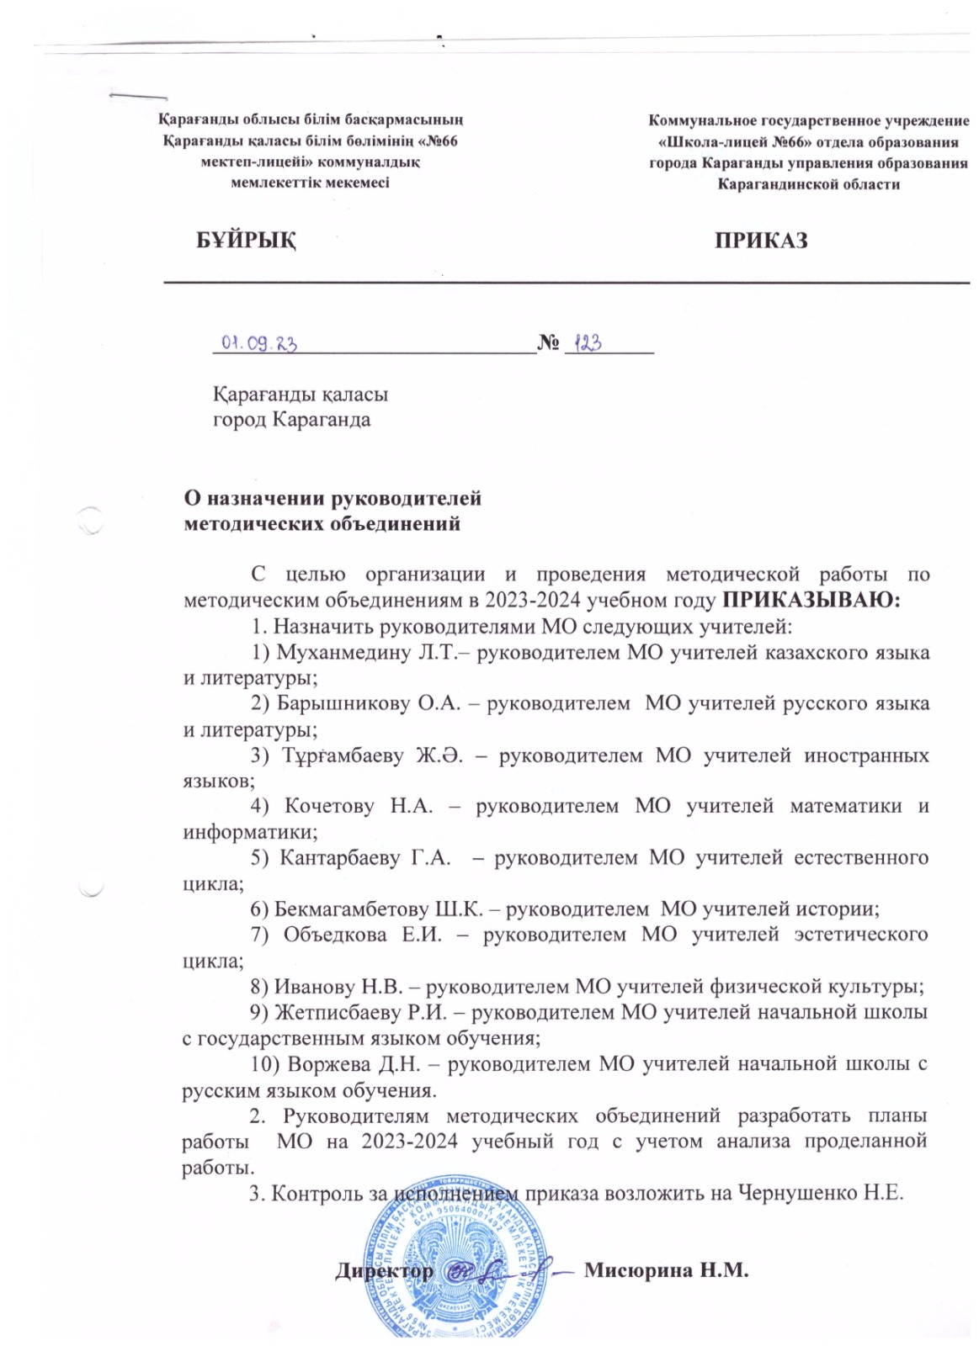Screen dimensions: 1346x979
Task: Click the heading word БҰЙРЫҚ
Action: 246,241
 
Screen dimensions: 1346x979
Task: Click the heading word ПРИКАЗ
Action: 761,241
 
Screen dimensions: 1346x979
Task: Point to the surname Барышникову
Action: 343,703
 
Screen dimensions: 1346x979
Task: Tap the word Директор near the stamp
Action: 385,1270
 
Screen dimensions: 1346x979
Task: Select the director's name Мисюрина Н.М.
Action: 666,1270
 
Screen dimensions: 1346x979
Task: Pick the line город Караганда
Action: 291,419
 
